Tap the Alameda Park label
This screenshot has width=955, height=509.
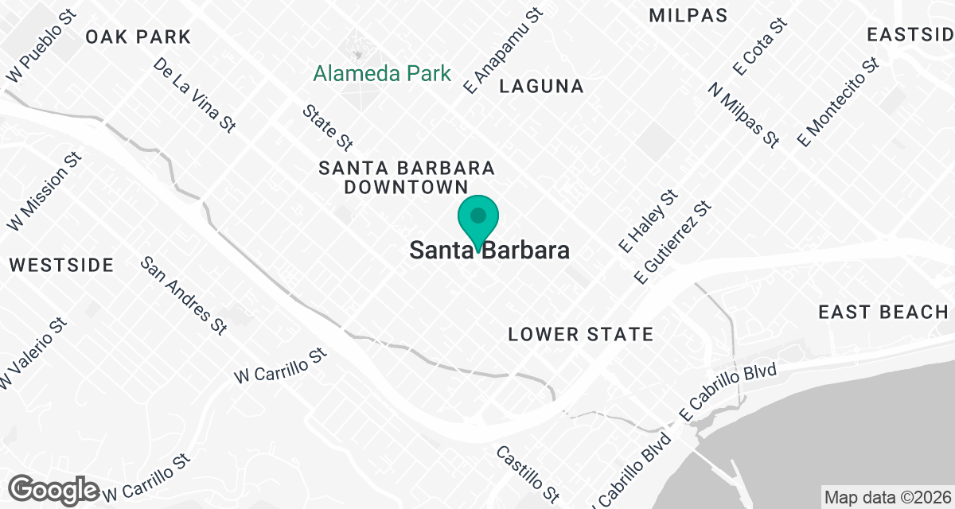pos(382,74)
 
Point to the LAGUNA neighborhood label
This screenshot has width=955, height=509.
pos(541,87)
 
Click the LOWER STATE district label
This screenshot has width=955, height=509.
pos(581,334)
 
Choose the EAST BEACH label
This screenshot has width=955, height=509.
pos(883,313)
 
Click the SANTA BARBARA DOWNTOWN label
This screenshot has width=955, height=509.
pos(406,177)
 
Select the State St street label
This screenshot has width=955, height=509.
pos(327,126)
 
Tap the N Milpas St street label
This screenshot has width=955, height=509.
pos(743,114)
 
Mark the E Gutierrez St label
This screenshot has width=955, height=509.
pos(671,242)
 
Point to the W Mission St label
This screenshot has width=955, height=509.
pos(45,192)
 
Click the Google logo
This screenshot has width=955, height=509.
pos(54,488)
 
